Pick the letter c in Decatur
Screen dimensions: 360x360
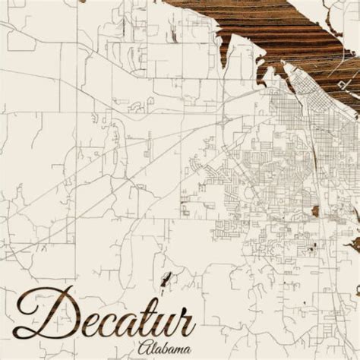pos(103,319)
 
